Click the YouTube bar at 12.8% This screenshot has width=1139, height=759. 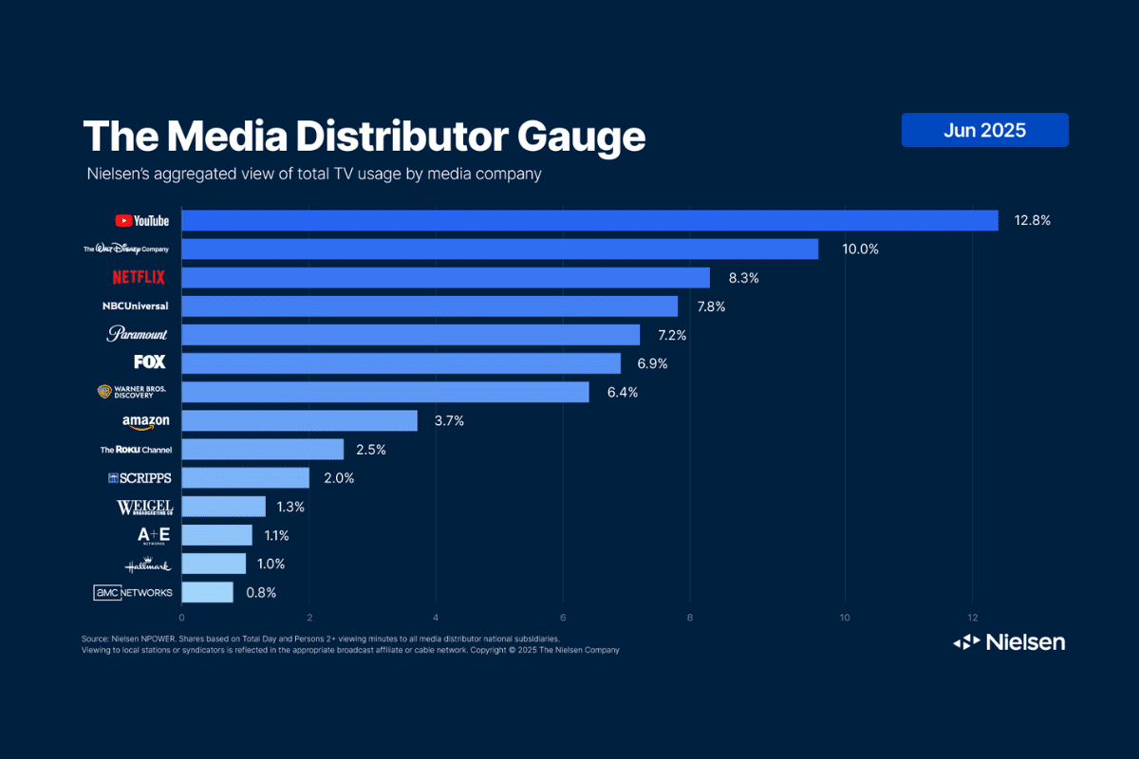point(588,220)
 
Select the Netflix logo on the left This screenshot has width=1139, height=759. point(139,278)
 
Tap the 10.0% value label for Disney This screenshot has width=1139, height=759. point(860,250)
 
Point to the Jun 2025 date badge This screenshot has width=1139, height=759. point(984,130)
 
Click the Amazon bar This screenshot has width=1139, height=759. point(299,420)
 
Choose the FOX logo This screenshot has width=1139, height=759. point(150,362)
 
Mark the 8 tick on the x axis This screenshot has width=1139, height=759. point(690,618)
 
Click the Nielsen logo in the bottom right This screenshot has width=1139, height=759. point(1009,642)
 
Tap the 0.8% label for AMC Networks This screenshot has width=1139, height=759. point(260,592)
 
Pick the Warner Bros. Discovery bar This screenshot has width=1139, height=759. point(384,392)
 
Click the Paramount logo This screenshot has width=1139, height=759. point(137,334)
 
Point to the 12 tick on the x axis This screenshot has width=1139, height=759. point(972,618)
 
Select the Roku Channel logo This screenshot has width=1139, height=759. point(136,449)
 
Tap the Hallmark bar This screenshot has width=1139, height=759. point(214,564)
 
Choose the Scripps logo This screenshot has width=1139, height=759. point(140,478)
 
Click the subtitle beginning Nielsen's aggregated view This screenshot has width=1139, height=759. point(313,175)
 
